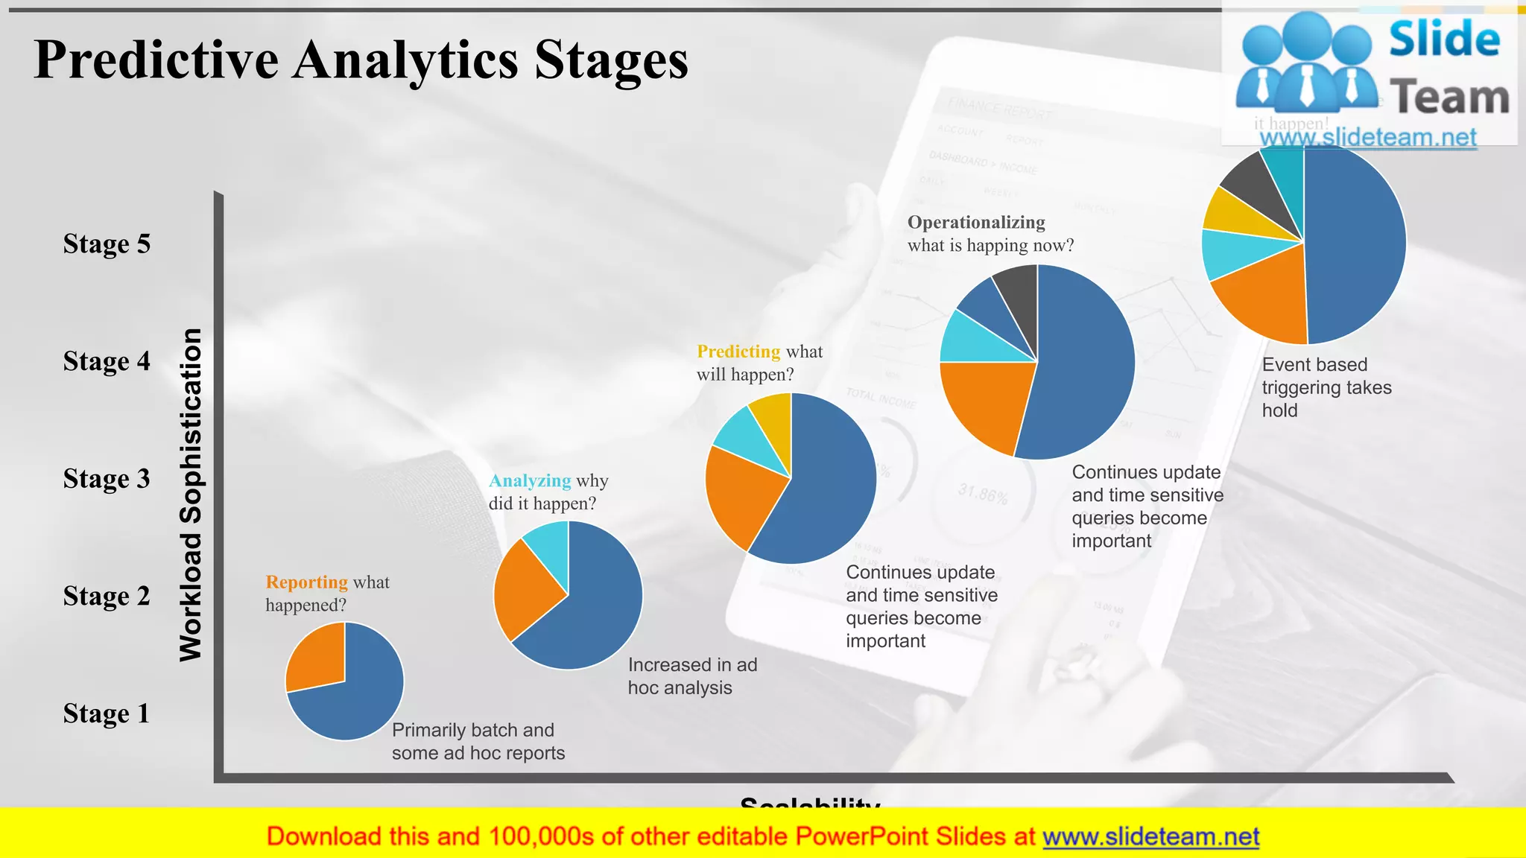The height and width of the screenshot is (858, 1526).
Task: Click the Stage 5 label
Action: [107, 244]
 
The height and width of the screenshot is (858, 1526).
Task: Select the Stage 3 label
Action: [107, 479]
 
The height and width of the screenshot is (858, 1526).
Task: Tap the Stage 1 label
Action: [107, 714]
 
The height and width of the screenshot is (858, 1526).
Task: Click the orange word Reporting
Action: [306, 582]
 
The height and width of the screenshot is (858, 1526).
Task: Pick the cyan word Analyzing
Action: [529, 480]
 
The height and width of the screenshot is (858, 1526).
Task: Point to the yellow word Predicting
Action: [738, 352]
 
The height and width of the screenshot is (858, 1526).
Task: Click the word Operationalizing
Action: [975, 222]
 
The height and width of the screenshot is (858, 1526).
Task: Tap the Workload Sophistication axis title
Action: [191, 495]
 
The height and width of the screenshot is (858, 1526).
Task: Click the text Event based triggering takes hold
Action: [1326, 387]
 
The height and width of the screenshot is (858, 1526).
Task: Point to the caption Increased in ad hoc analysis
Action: [691, 676]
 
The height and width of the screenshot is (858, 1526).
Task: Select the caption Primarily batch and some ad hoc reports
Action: [478, 741]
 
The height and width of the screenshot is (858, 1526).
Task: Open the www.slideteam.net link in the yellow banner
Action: [1150, 837]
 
